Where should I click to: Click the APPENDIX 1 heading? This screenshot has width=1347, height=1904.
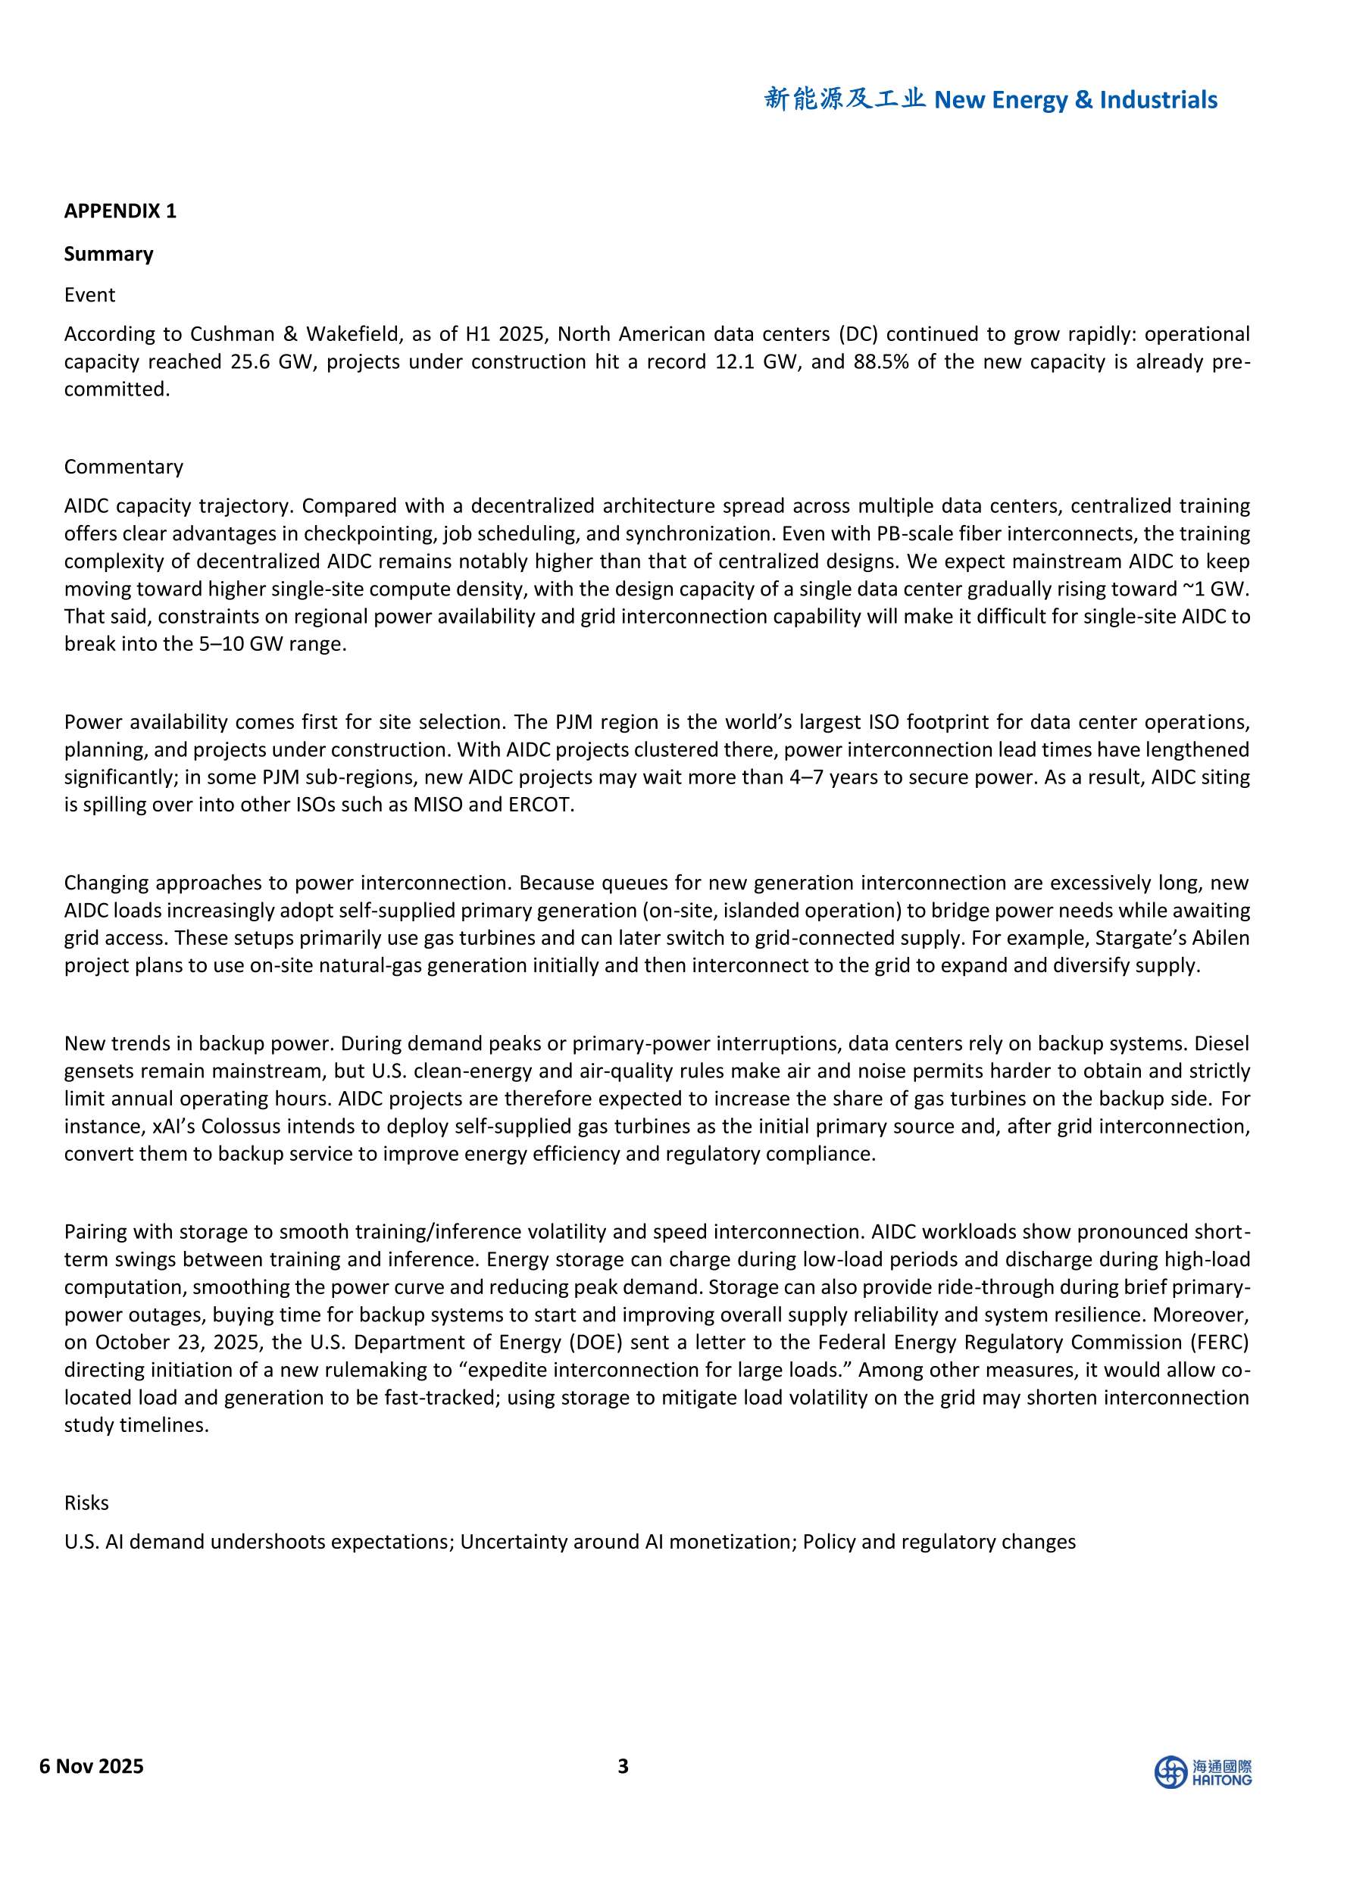click(x=120, y=211)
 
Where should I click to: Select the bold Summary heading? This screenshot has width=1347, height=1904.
click(x=108, y=254)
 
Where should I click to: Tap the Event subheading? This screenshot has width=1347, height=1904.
click(x=89, y=295)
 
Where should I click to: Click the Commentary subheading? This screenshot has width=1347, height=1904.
click(x=123, y=467)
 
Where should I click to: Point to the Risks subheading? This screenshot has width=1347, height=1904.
click(x=86, y=1526)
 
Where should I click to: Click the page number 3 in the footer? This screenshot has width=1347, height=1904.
click(x=623, y=1766)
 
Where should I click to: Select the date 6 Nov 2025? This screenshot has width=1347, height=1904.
click(x=91, y=1766)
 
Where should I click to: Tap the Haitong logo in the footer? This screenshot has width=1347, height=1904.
click(x=1203, y=1772)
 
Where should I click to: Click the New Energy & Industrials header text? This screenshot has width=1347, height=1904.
click(x=1076, y=100)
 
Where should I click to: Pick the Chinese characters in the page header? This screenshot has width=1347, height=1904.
click(x=845, y=99)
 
